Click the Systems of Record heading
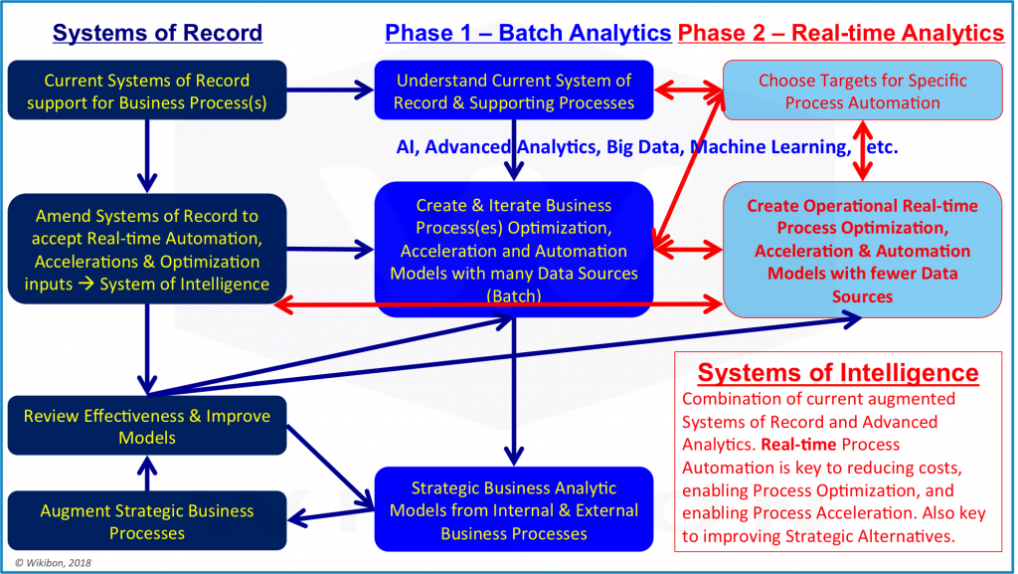pos(157,33)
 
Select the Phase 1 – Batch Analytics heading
pos(528,33)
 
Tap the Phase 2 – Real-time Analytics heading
pos(841,33)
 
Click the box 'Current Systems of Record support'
pos(147,92)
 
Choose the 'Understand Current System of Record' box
pos(513,92)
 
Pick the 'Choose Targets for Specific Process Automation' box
pos(862,92)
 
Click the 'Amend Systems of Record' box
pos(147,250)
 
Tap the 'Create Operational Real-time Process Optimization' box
pos(862,250)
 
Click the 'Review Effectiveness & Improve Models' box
pos(147,427)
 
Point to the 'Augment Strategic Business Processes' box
pos(147,522)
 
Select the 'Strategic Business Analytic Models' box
pos(513,510)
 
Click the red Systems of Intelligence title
pos(838,373)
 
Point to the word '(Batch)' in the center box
pos(513,295)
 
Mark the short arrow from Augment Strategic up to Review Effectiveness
pos(147,474)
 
